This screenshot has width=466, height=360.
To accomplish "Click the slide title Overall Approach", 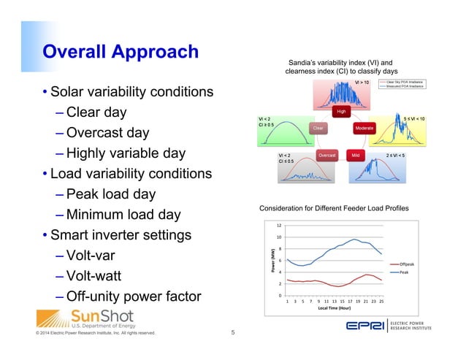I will tap(120, 52).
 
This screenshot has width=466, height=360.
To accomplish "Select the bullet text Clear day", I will tap(96, 113).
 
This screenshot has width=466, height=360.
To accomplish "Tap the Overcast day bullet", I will tap(107, 134).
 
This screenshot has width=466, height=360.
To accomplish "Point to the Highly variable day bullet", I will tap(125, 154).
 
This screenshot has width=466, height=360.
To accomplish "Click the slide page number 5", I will tap(232, 333).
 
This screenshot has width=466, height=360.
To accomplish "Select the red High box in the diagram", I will tap(341, 112).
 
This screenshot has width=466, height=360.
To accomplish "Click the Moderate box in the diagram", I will tap(364, 128).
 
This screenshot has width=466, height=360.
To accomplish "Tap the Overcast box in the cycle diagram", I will tap(327, 155).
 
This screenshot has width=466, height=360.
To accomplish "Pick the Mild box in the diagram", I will tap(356, 155).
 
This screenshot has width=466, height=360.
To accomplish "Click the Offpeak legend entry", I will tap(405, 264).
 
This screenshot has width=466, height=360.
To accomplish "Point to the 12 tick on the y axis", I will tap(279, 226).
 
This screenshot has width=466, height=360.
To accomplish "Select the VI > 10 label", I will tap(363, 83).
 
